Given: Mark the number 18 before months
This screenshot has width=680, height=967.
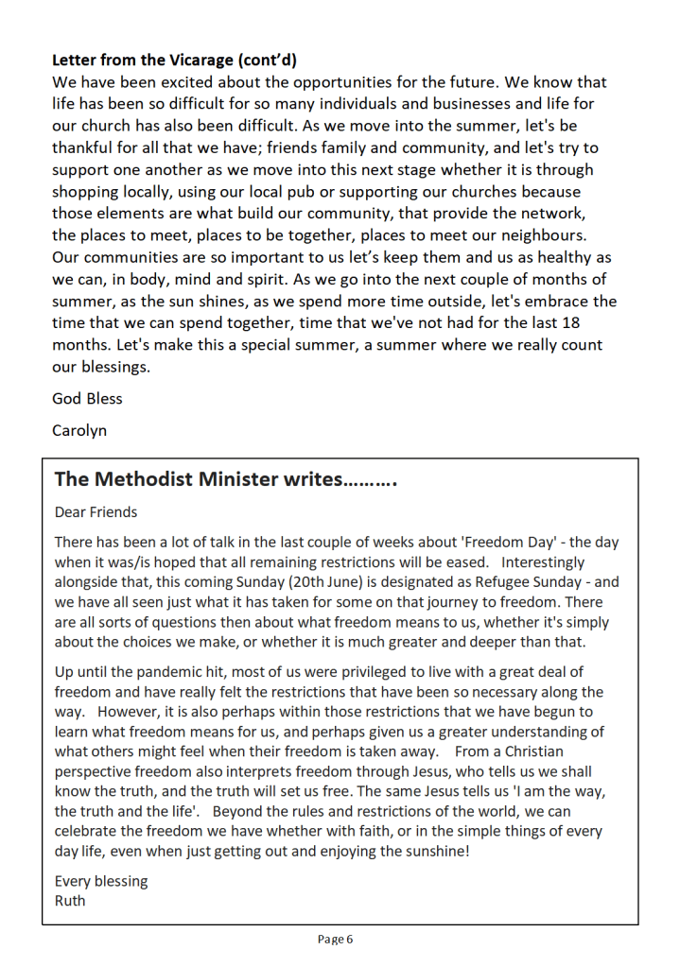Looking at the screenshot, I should coord(589,322).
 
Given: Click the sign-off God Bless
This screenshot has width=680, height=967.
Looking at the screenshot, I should coord(87,398).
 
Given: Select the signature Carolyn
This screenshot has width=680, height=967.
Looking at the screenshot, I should coord(79,430).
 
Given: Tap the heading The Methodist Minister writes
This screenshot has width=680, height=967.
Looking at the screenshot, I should coord(225,479).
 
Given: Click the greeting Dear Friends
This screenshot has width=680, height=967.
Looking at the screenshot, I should coord(96,512).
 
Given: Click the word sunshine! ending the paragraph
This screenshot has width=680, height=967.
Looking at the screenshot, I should coord(431,851).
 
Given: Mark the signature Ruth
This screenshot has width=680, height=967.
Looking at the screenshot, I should coord(70,900).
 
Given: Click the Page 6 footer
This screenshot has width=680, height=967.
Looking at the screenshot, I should coord(335,940).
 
